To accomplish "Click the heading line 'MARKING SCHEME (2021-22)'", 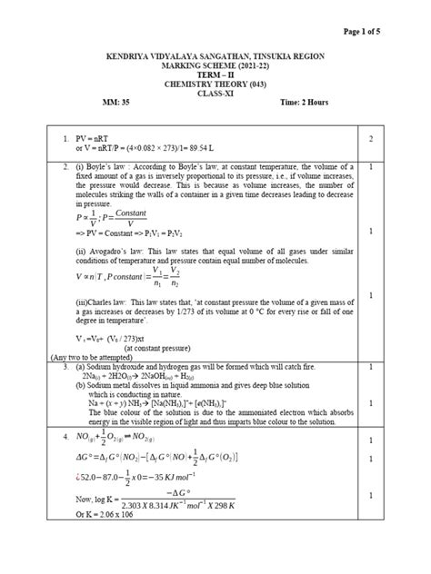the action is [214, 66].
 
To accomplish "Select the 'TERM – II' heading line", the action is [215, 79].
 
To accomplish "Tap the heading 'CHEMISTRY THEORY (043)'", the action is [215, 92].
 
